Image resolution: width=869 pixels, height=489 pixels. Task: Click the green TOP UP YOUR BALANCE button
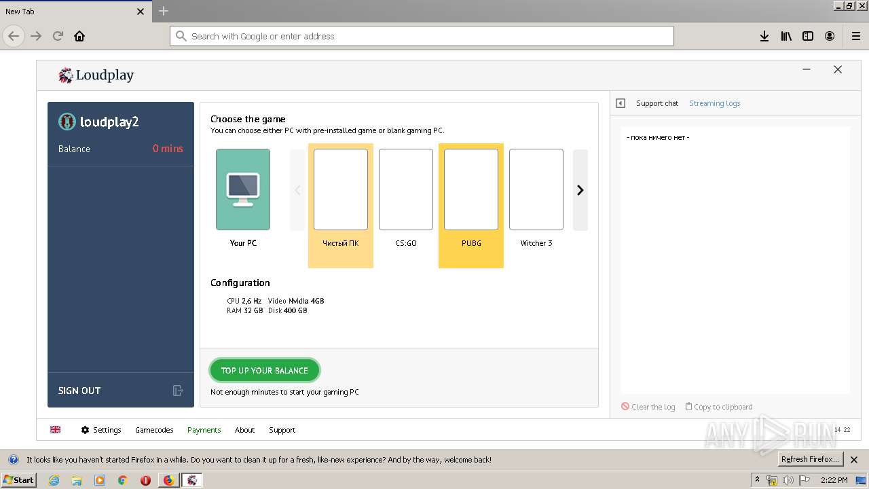point(264,370)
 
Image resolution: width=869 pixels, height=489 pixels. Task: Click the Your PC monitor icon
point(243,189)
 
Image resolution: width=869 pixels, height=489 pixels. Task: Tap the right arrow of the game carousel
point(580,190)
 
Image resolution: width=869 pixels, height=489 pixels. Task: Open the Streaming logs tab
point(714,103)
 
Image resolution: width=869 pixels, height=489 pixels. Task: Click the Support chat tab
point(657,103)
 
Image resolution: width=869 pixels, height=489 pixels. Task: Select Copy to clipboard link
point(722,407)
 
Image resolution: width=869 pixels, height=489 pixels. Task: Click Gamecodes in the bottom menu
point(154,430)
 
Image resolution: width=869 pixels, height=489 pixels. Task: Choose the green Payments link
point(204,430)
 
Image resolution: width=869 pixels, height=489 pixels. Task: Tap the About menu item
point(244,430)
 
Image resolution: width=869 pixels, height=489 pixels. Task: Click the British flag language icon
point(56,429)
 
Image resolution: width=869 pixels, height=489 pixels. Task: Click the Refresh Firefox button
point(810,459)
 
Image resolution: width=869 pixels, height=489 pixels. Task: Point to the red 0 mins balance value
point(168,149)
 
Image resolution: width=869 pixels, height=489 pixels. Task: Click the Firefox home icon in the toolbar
point(79,36)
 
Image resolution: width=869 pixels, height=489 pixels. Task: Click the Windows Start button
point(18,480)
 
